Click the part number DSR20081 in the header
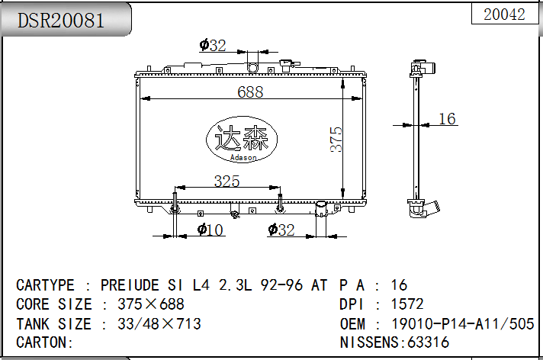click(60, 21)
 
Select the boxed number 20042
click(504, 14)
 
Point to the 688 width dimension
click(250, 92)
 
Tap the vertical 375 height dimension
click(336, 140)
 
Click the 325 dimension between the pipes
click(227, 181)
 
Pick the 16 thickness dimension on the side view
click(447, 118)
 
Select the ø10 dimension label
click(210, 230)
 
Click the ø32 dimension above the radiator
click(213, 45)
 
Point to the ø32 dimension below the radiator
click(281, 230)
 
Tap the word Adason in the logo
click(243, 158)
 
